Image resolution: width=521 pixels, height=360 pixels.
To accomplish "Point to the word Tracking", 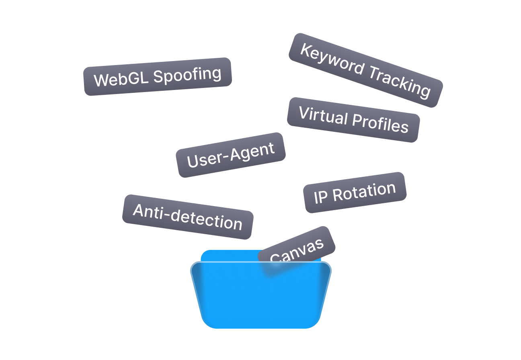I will (398, 82).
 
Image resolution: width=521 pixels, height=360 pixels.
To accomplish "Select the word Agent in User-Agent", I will (254, 152).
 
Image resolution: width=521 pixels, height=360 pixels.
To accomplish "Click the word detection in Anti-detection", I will (211, 220).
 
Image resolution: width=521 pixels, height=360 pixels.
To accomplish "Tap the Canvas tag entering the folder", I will (297, 250).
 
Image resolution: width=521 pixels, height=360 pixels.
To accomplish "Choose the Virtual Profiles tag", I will (353, 119).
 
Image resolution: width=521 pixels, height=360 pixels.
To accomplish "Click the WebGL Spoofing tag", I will (158, 77).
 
